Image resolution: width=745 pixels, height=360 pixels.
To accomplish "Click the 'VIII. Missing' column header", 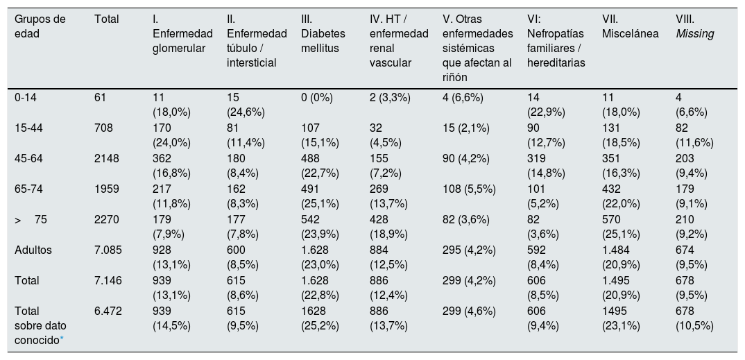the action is point(694,26).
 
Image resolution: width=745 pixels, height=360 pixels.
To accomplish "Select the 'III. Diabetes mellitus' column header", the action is point(323,34).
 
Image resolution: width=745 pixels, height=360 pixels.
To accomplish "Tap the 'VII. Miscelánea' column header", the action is point(630,26).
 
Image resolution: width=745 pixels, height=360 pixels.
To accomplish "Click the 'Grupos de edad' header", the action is point(40,26).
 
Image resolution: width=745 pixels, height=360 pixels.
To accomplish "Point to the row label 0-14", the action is point(26,98).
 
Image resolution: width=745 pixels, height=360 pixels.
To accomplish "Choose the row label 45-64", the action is point(28,159).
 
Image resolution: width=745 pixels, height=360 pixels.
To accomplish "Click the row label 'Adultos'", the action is point(33,250).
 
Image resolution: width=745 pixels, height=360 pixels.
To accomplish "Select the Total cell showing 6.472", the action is point(108,311).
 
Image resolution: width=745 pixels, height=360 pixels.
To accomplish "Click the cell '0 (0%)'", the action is point(317,98).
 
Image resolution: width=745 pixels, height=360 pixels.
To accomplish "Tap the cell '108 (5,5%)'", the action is point(469,189).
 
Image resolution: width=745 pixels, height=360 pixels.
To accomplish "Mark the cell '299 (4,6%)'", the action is point(469,311).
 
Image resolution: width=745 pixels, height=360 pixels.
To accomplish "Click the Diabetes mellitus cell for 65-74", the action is point(320,196).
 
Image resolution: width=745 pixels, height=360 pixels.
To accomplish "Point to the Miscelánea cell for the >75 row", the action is point(621,227).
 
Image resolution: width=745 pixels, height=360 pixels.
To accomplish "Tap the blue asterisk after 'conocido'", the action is point(62,339).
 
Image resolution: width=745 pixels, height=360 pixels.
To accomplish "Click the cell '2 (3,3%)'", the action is point(390,98).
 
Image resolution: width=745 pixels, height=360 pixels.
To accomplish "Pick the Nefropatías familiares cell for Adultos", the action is point(543,257).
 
